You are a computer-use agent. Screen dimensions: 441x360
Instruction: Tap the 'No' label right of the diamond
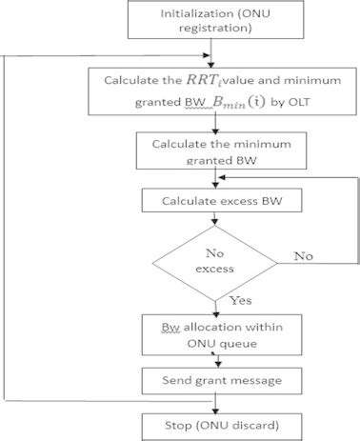[x=302, y=255]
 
